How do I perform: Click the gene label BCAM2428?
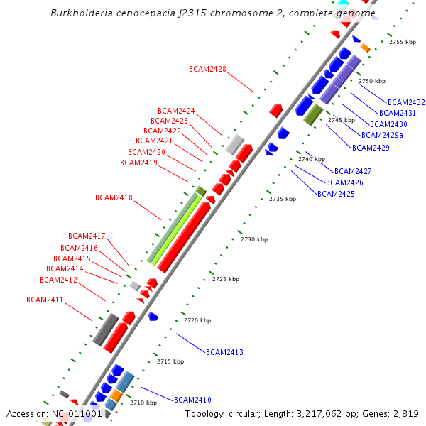(207, 69)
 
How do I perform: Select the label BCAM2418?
(114, 197)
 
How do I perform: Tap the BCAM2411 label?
(45, 300)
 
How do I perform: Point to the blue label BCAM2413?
(224, 352)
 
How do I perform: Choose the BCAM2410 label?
(192, 400)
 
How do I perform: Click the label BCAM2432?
(406, 102)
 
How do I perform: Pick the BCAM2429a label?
(382, 135)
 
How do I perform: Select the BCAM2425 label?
(336, 194)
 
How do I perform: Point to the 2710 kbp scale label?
(143, 403)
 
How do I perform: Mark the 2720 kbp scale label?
(197, 320)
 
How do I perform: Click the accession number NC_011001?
(77, 413)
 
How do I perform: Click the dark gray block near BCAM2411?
(106, 329)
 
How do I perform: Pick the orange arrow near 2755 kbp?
(365, 48)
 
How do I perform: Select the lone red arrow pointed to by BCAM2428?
(275, 110)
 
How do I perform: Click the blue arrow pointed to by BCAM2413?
(153, 316)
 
